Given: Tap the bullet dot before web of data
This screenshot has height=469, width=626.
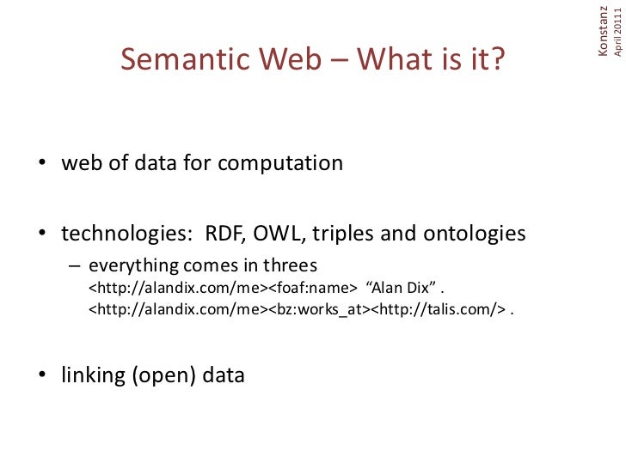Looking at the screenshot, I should coord(40,164).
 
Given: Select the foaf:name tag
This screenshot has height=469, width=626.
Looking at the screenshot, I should coord(309,287).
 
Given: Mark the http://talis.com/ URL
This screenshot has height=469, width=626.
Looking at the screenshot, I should coord(439,309).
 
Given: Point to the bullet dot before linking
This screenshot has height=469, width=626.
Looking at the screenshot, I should coord(40,376).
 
